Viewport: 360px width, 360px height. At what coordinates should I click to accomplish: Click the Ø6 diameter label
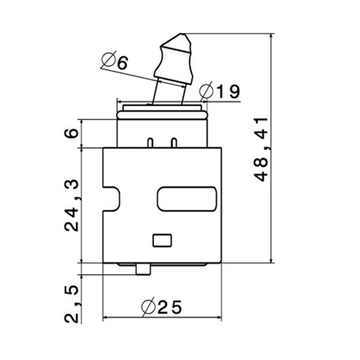114,60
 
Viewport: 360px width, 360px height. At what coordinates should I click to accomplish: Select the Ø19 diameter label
219,91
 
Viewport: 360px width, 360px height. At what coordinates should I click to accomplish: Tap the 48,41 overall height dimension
261,149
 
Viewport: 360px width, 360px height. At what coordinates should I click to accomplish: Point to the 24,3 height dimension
72,205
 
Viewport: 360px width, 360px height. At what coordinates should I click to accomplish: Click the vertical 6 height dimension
72,133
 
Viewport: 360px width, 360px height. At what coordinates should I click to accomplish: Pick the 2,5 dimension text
72,304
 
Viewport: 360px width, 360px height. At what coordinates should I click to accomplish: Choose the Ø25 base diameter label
161,307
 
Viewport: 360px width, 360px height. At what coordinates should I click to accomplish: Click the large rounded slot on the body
187,199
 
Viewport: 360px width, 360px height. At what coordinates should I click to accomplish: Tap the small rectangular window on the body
162,241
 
